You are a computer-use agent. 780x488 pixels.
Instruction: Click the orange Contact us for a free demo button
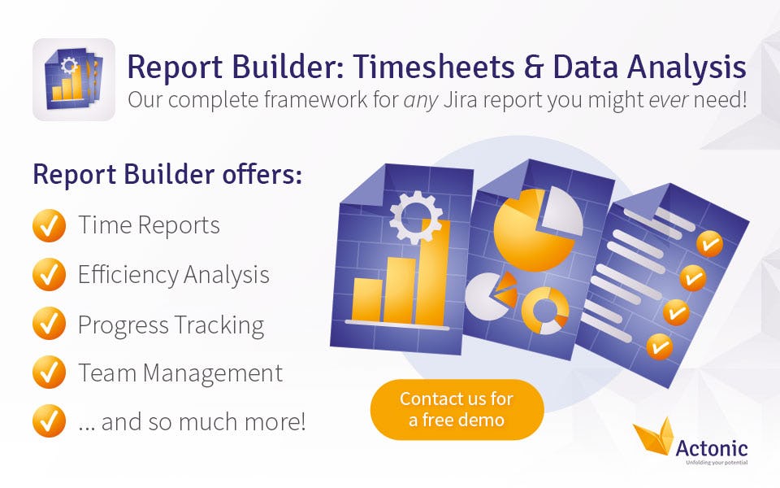coord(457,409)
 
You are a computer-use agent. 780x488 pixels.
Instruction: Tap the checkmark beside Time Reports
coord(49,225)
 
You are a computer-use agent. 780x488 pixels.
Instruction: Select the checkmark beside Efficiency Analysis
coord(49,274)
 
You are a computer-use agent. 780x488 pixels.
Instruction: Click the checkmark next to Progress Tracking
coord(49,323)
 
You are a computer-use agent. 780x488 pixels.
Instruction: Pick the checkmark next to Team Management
coord(49,372)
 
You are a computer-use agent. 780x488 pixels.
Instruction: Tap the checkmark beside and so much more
coord(49,420)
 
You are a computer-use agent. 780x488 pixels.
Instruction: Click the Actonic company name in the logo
coord(712,448)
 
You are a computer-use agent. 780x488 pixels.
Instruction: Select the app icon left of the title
coord(74,80)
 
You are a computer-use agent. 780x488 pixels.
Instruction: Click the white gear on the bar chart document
coord(416,218)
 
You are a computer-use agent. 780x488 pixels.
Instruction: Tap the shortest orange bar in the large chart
coord(367,300)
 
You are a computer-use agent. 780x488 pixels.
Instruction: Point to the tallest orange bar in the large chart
coord(432,272)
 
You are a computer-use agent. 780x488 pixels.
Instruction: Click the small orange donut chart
coord(545,311)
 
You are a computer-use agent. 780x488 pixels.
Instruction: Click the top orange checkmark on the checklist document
coord(709,244)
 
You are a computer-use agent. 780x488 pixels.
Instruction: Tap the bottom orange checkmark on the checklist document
coord(660,346)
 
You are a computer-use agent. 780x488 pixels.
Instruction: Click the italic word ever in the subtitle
coord(669,100)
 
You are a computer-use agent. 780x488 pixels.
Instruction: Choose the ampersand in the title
coord(535,67)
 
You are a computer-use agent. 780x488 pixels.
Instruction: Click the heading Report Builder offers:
coord(167,174)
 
